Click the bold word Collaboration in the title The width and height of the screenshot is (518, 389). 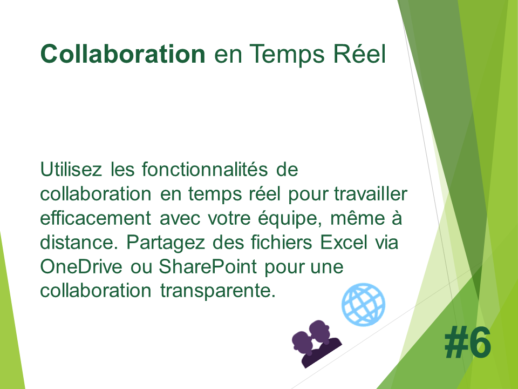pos(123,53)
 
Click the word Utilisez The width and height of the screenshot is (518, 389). pos(71,169)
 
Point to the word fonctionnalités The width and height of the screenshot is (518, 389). pos(205,169)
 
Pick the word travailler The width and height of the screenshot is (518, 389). pos(371,193)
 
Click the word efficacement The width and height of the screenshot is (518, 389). pos(96,218)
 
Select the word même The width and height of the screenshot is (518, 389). pos(358,218)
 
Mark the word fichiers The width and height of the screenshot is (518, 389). pos(282,243)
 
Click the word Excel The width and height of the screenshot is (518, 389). pos(344,243)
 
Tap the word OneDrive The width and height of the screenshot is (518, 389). pos(81,266)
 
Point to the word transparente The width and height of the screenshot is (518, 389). pos(217,291)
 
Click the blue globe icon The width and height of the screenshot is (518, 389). pos(363,304)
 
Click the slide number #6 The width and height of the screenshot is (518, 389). pos(467,342)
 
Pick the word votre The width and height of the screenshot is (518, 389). pos(229,218)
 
